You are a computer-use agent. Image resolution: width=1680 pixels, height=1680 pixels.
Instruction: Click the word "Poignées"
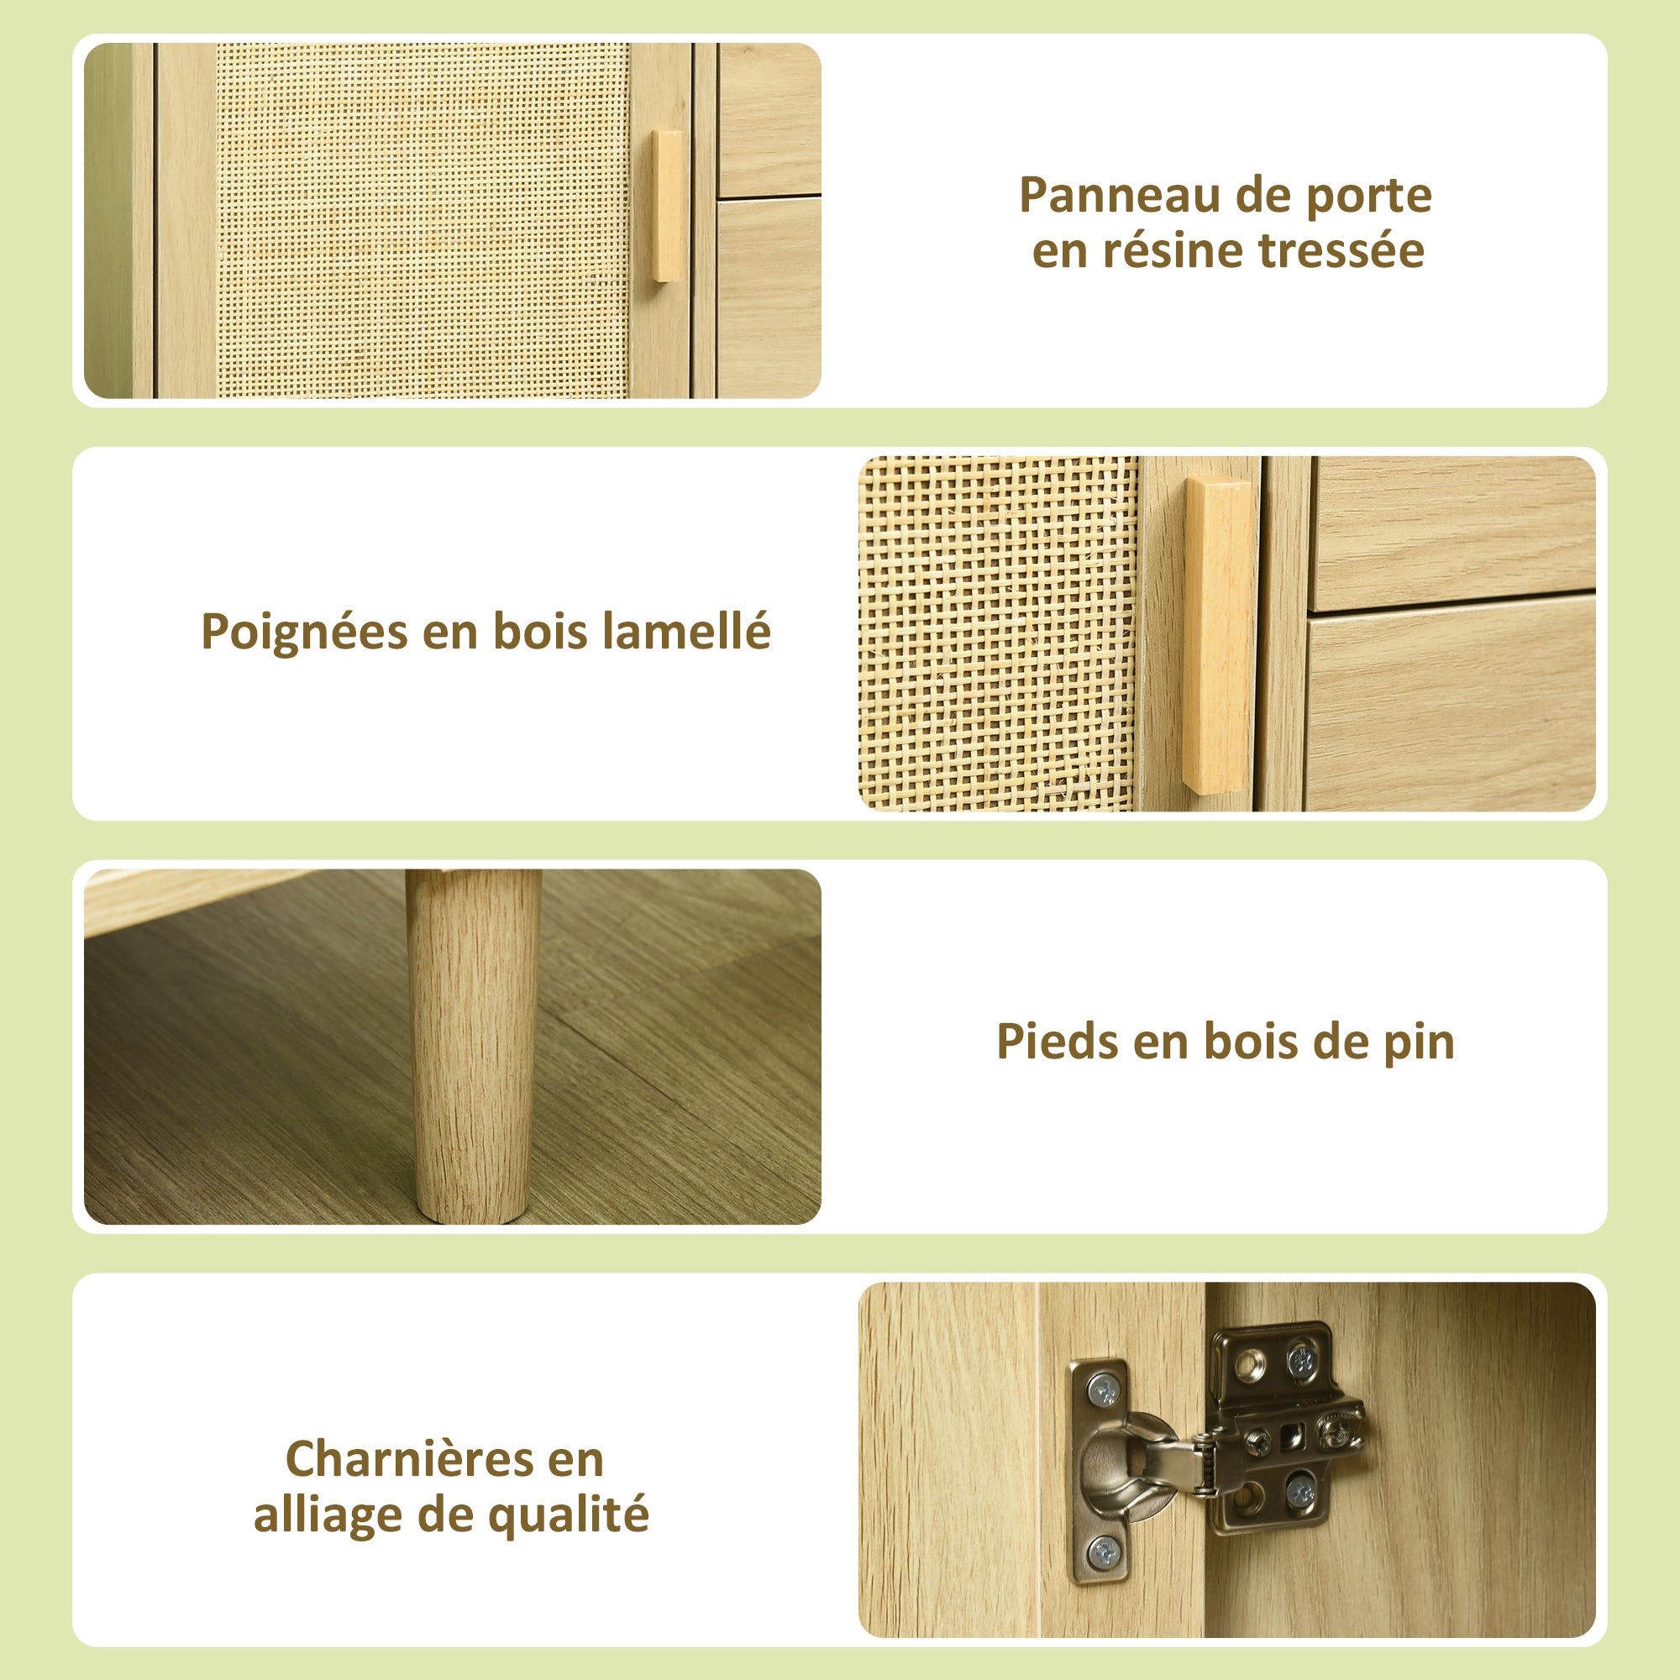(x=303, y=633)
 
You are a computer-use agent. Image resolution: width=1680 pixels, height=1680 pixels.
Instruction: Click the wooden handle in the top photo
(x=668, y=206)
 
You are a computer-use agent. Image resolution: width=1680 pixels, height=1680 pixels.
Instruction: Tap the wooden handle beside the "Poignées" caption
(x=1219, y=633)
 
